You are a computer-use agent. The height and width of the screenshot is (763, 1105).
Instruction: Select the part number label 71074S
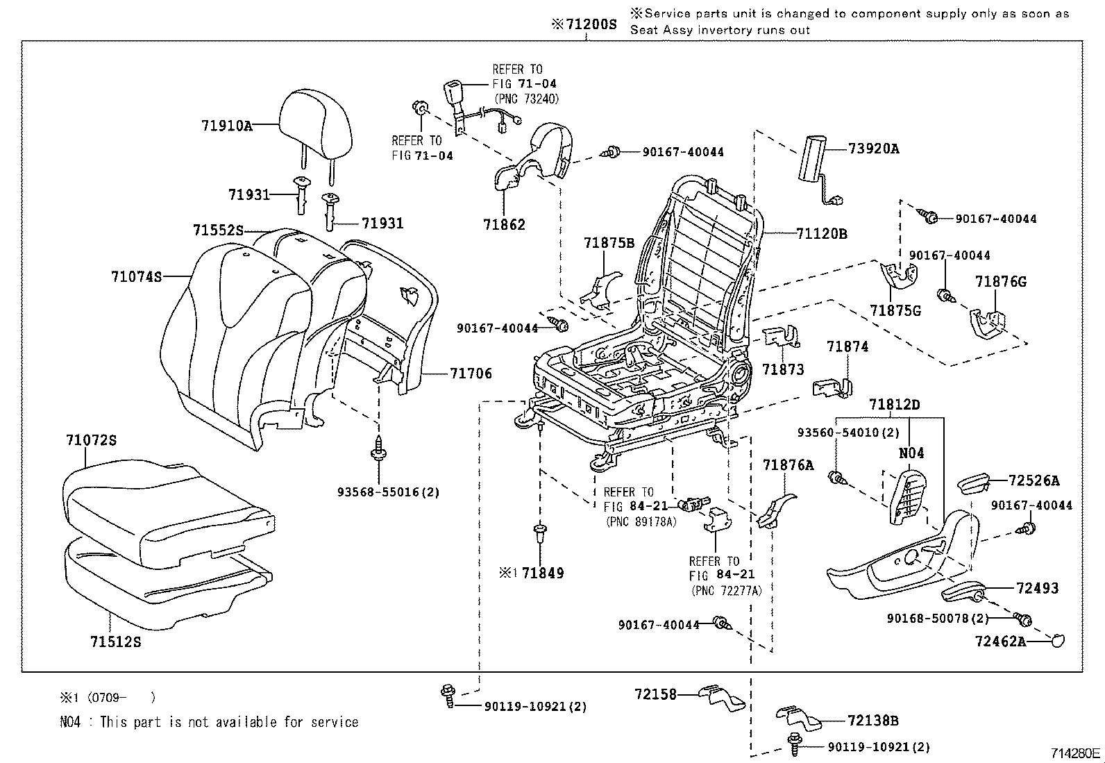[136, 276]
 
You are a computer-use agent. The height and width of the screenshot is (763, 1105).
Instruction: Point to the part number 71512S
[115, 642]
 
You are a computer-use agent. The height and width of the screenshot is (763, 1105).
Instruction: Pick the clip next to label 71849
[539, 535]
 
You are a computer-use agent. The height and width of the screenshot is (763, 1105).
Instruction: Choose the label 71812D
[894, 405]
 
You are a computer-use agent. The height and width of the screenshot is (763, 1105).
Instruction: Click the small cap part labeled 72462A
[1056, 641]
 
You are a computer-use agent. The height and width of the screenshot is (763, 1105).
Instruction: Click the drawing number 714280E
[1074, 753]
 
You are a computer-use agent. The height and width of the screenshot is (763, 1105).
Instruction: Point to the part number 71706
[471, 374]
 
